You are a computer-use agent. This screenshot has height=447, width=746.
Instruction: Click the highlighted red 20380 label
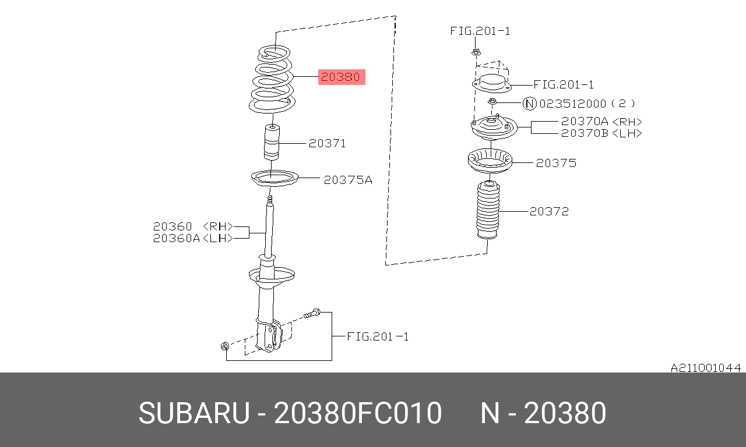click(x=342, y=77)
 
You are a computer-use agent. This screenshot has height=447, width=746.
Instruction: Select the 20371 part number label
click(x=327, y=144)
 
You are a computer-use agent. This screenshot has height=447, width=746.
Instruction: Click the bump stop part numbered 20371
click(x=272, y=142)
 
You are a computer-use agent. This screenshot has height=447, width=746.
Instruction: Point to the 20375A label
click(x=348, y=180)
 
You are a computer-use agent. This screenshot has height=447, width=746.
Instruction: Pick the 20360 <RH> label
click(x=193, y=226)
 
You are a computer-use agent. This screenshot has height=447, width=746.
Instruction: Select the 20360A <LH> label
click(x=193, y=238)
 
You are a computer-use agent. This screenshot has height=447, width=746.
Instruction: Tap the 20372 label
click(x=549, y=211)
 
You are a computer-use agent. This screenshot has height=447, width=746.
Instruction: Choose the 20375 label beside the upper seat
click(x=556, y=163)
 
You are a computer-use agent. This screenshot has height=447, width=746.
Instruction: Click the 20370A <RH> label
click(x=601, y=122)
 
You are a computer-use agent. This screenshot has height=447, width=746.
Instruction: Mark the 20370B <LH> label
click(x=601, y=133)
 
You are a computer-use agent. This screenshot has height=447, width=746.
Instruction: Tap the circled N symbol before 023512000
click(x=530, y=104)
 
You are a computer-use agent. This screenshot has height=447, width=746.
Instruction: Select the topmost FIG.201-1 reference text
click(x=480, y=31)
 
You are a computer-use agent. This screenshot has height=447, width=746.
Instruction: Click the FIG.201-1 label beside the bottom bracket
click(x=378, y=336)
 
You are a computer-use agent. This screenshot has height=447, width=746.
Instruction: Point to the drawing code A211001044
click(x=706, y=368)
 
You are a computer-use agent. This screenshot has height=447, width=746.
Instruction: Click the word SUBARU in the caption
click(x=194, y=413)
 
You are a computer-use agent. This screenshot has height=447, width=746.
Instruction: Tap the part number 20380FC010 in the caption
click(x=358, y=413)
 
